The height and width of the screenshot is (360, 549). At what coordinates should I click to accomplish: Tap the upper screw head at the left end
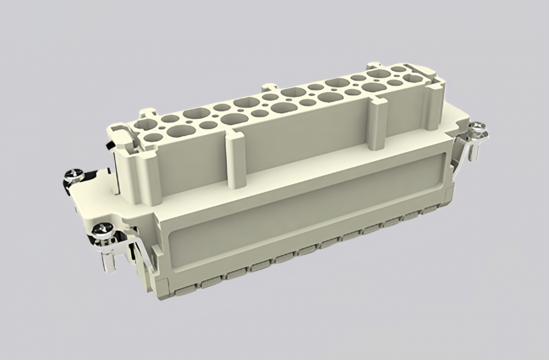coord(74,175)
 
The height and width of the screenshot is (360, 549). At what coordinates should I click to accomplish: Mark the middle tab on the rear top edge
coord(269,87)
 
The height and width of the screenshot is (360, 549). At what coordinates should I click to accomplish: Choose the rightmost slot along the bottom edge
coord(429,211)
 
